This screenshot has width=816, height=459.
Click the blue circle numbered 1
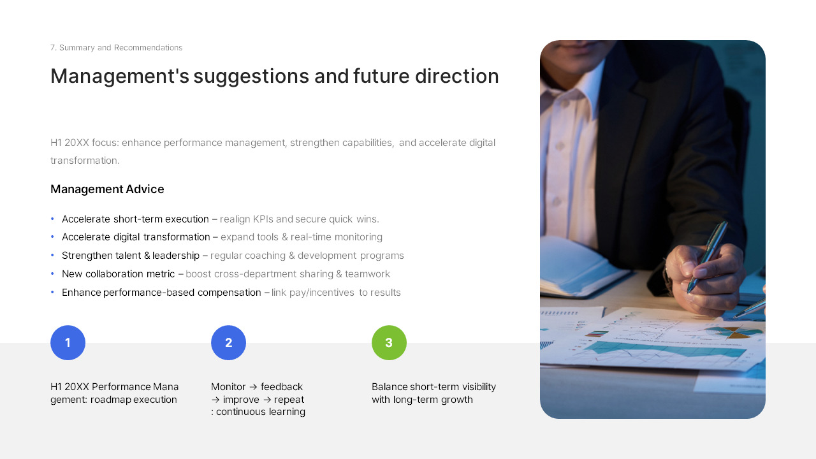point(68,343)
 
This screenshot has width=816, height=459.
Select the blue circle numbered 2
point(228,343)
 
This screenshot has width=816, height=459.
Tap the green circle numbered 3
point(389,343)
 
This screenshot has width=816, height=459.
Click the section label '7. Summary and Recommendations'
point(116,48)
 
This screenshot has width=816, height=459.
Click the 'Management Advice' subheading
point(107,189)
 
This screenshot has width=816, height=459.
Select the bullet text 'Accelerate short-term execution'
point(135,219)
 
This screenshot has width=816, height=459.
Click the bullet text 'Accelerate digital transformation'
point(136,237)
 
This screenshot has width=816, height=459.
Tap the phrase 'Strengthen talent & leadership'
point(131,256)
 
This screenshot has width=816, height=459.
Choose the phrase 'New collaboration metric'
point(118,274)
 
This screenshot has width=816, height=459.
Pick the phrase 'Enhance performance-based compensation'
point(161,293)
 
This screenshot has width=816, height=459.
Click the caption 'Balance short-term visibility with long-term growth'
point(433,393)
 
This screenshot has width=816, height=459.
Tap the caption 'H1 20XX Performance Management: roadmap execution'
point(114,393)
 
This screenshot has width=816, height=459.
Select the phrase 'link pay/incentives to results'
point(336,293)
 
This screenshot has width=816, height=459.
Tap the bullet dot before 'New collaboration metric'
point(52,274)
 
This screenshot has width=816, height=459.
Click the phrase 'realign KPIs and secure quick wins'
point(299,219)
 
